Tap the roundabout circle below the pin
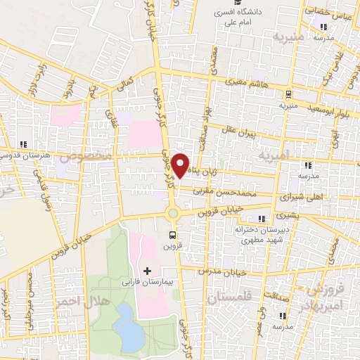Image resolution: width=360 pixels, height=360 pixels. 173,213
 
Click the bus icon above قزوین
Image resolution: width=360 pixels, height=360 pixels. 173,235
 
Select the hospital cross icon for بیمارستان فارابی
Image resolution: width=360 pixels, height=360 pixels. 146,271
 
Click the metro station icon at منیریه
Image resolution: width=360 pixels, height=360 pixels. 289,94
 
